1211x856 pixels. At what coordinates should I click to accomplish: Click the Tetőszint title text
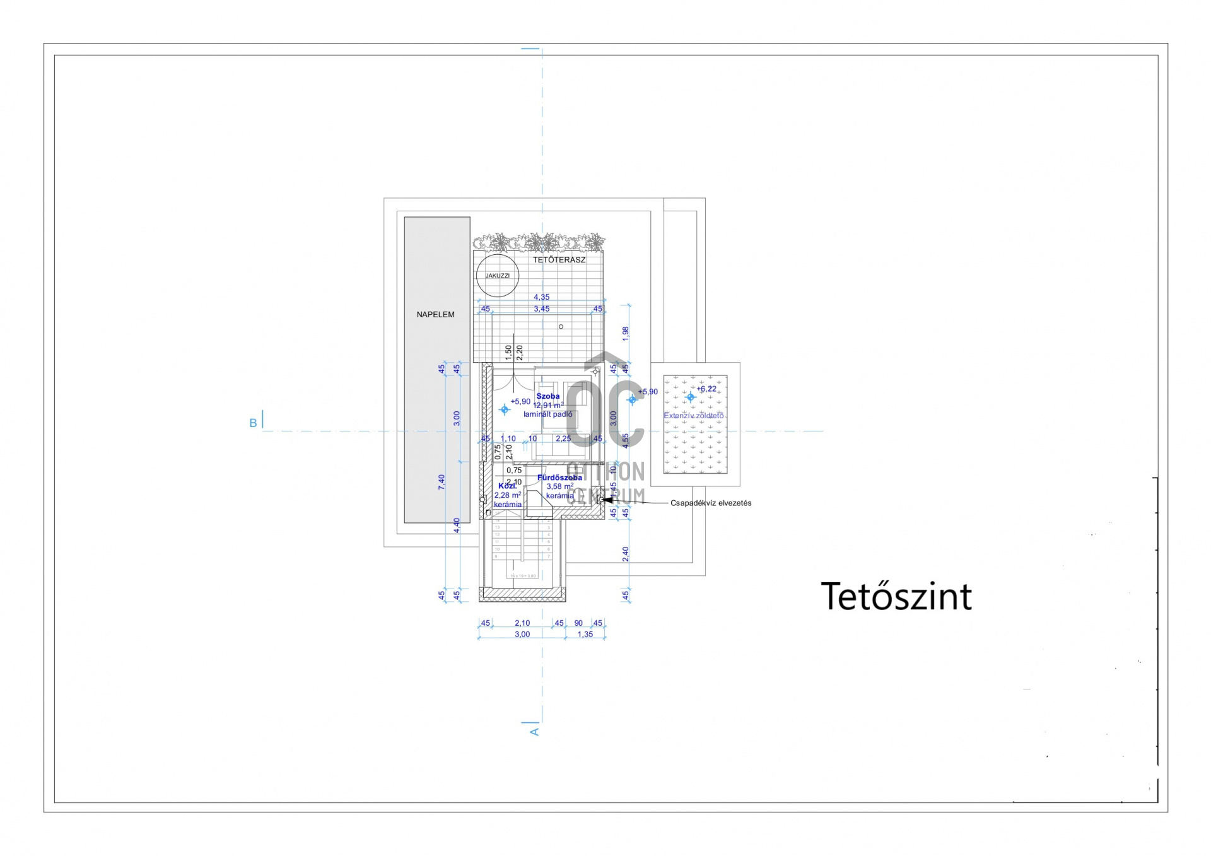[896, 597]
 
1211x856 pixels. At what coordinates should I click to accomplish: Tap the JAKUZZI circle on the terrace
[498, 276]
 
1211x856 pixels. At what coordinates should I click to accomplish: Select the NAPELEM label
[435, 314]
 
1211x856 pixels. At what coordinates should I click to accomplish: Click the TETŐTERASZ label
[559, 259]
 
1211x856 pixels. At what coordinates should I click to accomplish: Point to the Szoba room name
[548, 396]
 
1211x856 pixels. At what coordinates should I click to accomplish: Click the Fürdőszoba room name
[559, 478]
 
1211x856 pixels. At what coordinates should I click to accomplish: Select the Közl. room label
[507, 486]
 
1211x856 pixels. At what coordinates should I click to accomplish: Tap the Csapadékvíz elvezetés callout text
[711, 503]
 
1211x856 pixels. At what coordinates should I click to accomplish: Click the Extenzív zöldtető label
[694, 416]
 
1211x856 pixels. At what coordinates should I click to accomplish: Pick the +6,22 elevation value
[706, 389]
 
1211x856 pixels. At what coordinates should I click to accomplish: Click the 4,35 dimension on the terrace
[541, 297]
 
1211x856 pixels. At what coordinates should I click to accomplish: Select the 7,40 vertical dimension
[442, 482]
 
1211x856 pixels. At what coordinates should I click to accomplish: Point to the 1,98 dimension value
[626, 334]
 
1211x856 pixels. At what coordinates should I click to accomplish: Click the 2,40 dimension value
[626, 554]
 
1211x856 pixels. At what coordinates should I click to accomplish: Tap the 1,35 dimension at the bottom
[585, 635]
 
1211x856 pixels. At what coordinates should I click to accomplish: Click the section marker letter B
[253, 423]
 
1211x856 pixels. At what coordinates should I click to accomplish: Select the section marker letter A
[535, 732]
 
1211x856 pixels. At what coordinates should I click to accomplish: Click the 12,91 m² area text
[548, 406]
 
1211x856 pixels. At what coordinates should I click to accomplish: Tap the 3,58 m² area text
[559, 486]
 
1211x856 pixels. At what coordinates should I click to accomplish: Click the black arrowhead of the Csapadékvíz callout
[607, 500]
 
